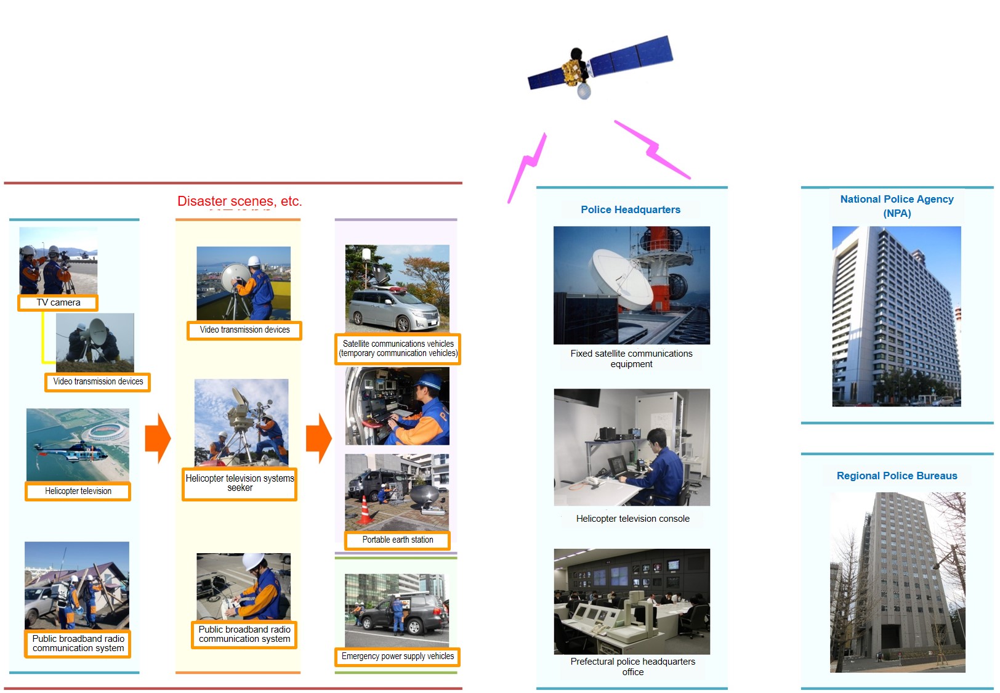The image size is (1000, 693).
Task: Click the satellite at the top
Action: pyautogui.click(x=600, y=68)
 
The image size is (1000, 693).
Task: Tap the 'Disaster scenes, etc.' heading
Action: pyautogui.click(x=240, y=201)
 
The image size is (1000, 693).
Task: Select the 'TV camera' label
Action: pyautogui.click(x=58, y=302)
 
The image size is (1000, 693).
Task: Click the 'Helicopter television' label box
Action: pyautogui.click(x=78, y=491)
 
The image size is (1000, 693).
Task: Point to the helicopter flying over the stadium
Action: pyautogui.click(x=71, y=450)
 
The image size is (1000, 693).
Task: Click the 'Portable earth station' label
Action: pyautogui.click(x=397, y=540)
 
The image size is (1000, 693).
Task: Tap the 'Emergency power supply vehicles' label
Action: pyautogui.click(x=397, y=657)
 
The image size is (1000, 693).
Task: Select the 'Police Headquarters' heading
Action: pyautogui.click(x=631, y=209)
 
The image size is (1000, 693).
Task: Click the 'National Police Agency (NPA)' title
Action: pyautogui.click(x=897, y=206)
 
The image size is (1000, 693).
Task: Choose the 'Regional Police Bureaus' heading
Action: pyautogui.click(x=897, y=476)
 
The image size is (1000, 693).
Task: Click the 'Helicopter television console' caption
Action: pyautogui.click(x=632, y=519)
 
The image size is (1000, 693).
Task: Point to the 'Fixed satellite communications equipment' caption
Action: pyautogui.click(x=631, y=359)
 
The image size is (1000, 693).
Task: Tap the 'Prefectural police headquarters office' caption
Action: pyautogui.click(x=632, y=667)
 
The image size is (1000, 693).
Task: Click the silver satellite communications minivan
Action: pyautogui.click(x=393, y=309)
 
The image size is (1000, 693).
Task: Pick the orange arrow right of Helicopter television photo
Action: pyautogui.click(x=158, y=438)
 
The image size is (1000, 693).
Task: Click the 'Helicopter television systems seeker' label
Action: pyautogui.click(x=240, y=484)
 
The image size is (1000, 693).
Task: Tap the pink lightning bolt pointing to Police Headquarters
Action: pyautogui.click(x=653, y=150)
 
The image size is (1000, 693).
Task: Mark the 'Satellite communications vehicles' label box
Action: pyautogui.click(x=398, y=349)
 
